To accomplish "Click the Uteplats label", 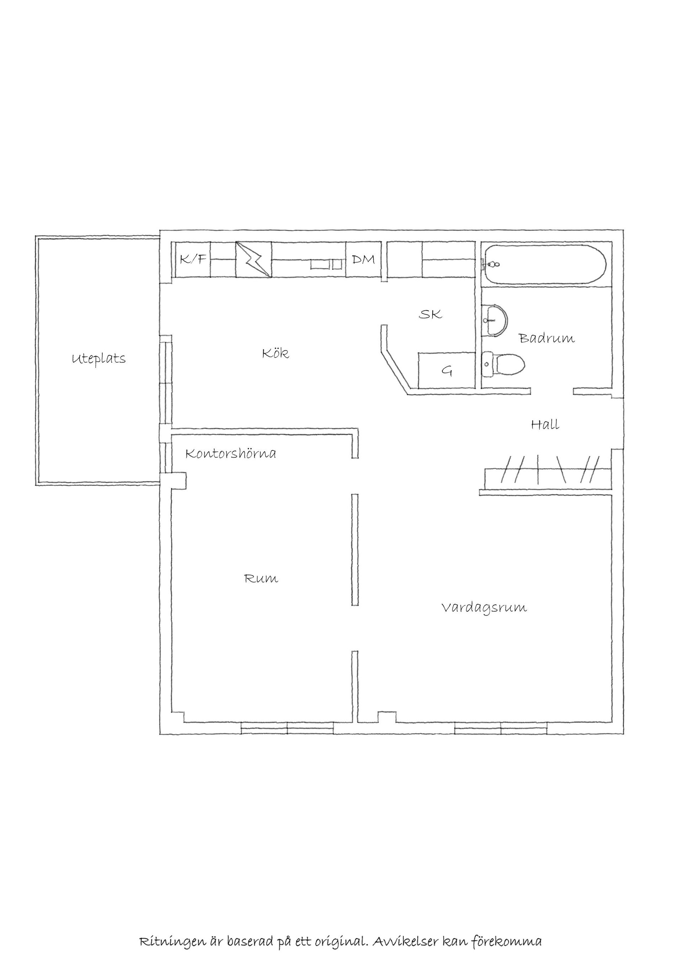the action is pyautogui.click(x=99, y=359).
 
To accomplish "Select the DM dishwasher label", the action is pyautogui.click(x=363, y=259).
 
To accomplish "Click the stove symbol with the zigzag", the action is pyautogui.click(x=253, y=259).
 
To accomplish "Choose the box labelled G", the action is pyautogui.click(x=447, y=370).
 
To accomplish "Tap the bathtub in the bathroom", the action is pyautogui.click(x=545, y=264).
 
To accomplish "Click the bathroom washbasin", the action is pyautogui.click(x=495, y=320).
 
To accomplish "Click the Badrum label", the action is pyautogui.click(x=547, y=338).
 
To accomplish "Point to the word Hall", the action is pyautogui.click(x=545, y=424).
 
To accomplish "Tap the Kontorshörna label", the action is pyautogui.click(x=231, y=454).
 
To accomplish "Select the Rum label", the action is pyautogui.click(x=261, y=579).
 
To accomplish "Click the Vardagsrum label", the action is pyautogui.click(x=484, y=608).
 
